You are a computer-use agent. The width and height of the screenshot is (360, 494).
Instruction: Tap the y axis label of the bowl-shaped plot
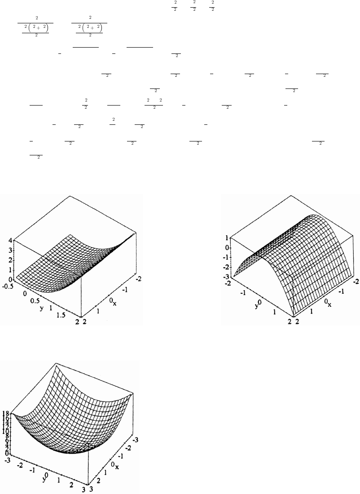coord(44,475)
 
